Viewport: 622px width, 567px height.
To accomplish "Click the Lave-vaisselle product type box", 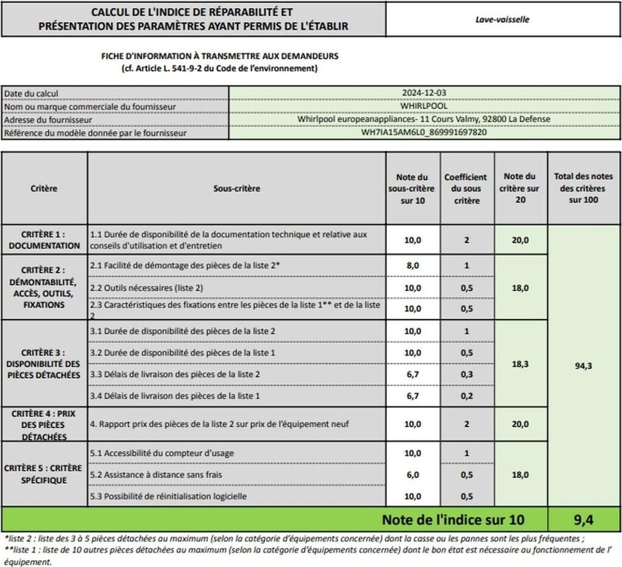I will click(x=502, y=19).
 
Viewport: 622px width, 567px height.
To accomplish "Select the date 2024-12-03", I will click(x=424, y=93).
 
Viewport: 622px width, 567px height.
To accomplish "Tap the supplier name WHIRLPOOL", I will click(x=424, y=106).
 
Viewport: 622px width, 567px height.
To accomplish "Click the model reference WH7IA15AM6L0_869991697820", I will click(x=424, y=132).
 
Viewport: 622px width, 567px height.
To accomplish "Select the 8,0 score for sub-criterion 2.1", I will click(x=412, y=266).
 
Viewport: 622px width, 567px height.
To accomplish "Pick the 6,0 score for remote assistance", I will click(x=412, y=475).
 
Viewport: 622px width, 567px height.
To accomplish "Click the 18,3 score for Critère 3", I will click(x=520, y=363).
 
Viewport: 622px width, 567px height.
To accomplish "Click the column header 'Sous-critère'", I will click(x=236, y=188).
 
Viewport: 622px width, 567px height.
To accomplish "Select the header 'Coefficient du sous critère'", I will click(x=465, y=188).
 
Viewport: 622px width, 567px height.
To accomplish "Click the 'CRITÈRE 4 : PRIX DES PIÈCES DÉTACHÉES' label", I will click(x=44, y=425).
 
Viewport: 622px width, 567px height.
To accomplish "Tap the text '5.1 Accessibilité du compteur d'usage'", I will click(x=162, y=453).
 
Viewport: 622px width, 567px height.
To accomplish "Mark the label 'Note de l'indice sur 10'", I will click(x=453, y=520).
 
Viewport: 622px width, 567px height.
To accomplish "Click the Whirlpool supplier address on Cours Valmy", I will click(x=424, y=119).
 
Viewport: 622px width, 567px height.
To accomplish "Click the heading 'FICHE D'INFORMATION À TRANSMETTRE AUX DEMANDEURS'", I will click(x=219, y=56).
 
